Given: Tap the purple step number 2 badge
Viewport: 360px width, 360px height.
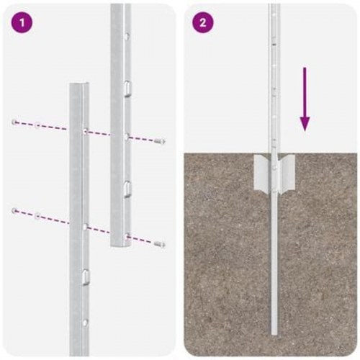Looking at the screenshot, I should click(x=202, y=22).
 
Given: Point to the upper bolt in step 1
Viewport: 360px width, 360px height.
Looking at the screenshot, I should click(x=159, y=141).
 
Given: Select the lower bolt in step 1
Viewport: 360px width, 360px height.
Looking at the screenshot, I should click(x=159, y=245).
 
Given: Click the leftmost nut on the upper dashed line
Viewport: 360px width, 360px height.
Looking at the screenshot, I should click(x=14, y=122).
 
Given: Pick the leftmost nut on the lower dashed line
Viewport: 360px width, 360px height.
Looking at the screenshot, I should click(x=14, y=210).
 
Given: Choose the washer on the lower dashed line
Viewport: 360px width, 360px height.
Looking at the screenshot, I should click(x=37, y=214).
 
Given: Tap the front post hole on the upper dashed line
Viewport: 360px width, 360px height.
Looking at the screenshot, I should click(x=85, y=131).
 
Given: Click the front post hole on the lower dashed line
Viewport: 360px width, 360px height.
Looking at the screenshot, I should click(x=85, y=227).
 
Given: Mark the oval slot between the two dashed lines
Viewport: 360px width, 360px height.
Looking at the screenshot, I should click(x=126, y=188).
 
